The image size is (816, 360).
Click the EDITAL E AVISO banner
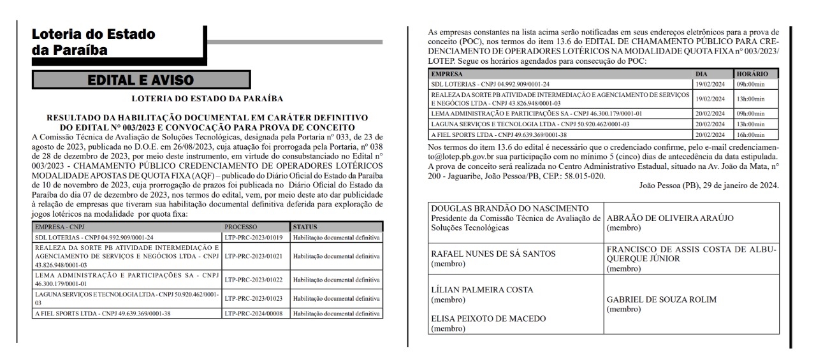click(140, 80)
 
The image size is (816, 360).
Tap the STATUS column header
click(304, 227)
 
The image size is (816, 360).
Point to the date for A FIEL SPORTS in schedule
click(710, 135)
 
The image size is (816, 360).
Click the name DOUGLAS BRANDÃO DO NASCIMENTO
click(509, 209)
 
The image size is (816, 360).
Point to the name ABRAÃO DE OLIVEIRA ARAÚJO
click(669, 218)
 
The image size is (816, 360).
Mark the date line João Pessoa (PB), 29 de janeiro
click(708, 185)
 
